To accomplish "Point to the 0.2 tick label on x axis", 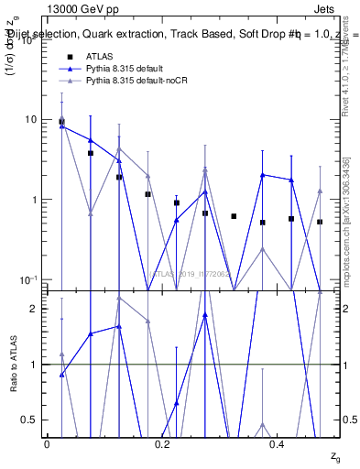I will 162,445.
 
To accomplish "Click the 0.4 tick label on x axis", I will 278,445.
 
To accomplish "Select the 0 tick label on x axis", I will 47,445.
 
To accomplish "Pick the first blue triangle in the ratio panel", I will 61,375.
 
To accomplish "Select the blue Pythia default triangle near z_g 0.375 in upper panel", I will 263,175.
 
